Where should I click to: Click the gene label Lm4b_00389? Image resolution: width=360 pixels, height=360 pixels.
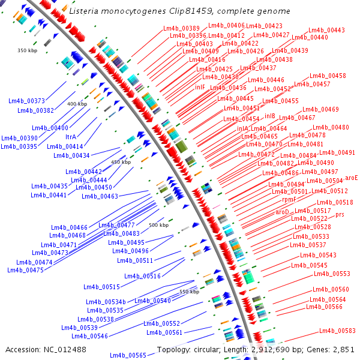(x=182, y=29)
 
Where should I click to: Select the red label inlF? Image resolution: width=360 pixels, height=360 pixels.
(x=200, y=87)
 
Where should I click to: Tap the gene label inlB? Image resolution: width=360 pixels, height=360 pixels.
(x=270, y=116)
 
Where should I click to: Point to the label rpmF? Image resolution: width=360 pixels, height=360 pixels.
(x=289, y=199)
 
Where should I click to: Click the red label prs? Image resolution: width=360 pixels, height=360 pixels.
(x=340, y=214)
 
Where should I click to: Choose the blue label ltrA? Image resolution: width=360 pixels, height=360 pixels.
(x=71, y=137)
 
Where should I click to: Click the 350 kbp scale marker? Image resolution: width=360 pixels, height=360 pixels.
(x=28, y=50)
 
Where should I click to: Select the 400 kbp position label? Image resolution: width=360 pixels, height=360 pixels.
(x=77, y=104)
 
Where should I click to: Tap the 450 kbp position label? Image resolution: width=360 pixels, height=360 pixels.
(x=121, y=162)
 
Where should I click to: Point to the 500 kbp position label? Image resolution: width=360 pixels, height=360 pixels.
(x=158, y=225)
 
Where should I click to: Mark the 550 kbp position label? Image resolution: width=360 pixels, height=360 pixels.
(x=189, y=292)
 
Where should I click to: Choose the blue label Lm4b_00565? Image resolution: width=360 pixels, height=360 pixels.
(x=128, y=355)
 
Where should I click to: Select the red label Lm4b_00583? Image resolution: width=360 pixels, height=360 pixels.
(x=337, y=331)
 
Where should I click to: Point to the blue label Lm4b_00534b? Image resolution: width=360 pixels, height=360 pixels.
(x=106, y=302)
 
